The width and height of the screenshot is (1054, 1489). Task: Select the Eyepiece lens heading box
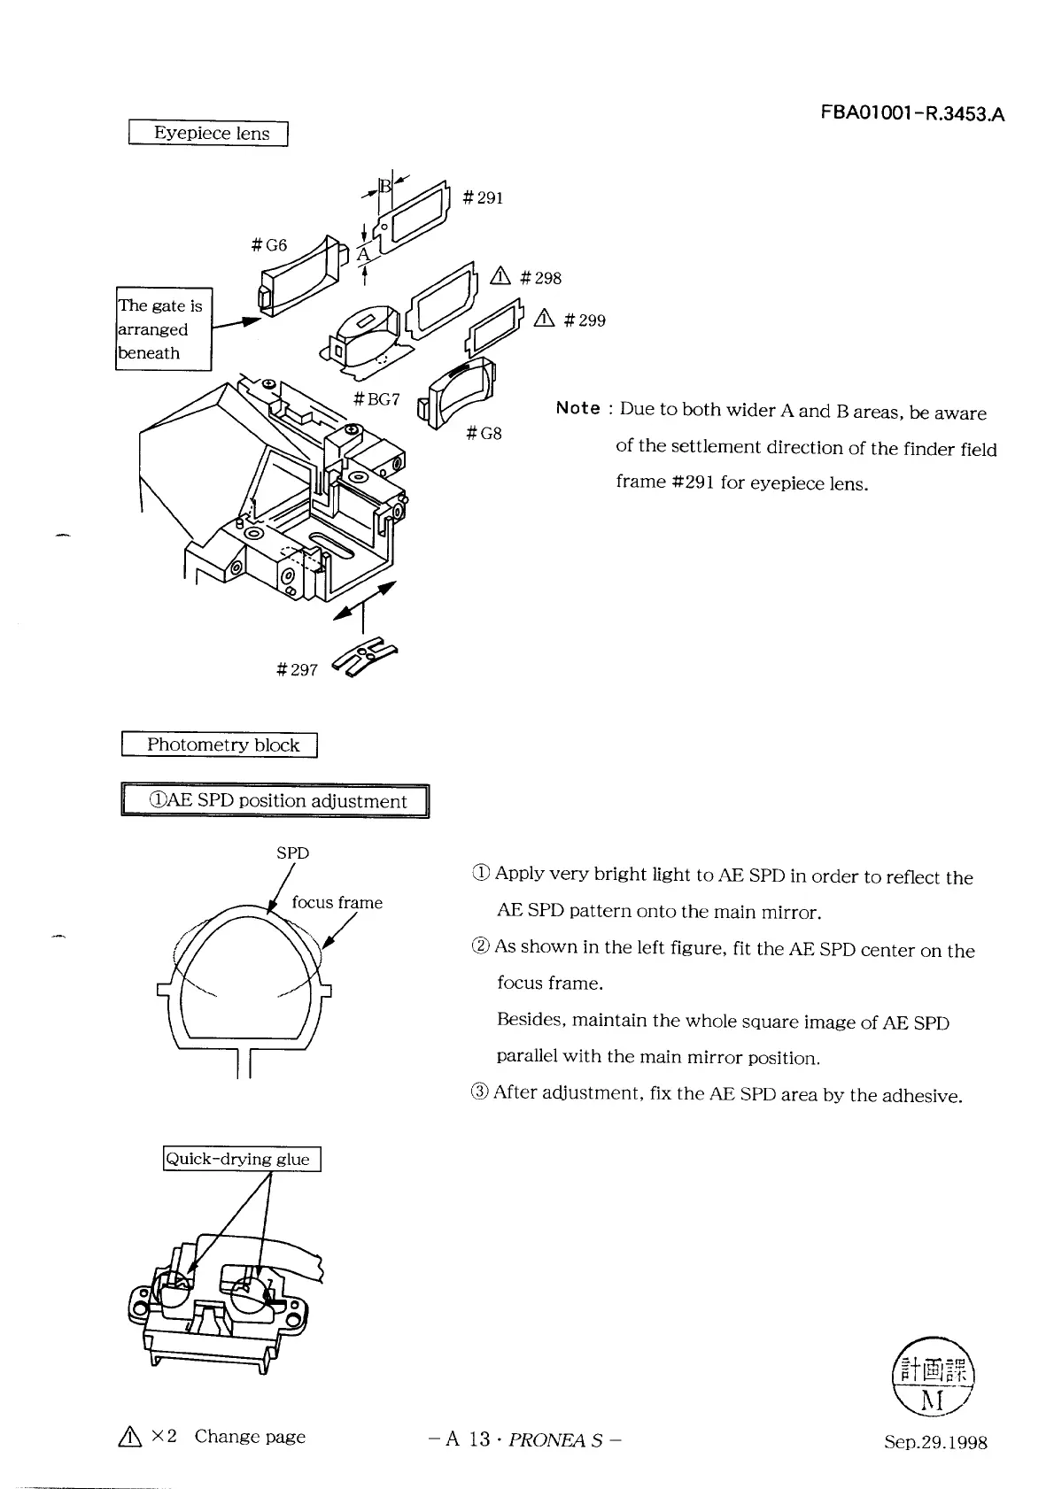click(209, 134)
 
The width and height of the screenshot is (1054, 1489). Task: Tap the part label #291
click(483, 198)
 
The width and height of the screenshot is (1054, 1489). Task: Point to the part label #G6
click(269, 245)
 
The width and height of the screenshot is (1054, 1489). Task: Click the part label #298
click(540, 278)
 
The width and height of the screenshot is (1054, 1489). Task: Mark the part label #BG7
click(376, 399)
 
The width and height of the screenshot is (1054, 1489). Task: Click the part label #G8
click(484, 433)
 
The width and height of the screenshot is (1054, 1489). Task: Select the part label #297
click(297, 669)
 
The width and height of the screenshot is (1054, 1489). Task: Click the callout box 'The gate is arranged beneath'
click(164, 329)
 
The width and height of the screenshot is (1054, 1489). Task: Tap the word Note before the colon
click(578, 408)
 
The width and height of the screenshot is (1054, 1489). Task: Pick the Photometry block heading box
click(220, 745)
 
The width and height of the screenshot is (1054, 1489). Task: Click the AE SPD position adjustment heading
click(275, 801)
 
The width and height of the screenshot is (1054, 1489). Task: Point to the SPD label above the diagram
click(292, 853)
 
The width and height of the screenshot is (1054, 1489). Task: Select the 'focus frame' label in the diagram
click(337, 903)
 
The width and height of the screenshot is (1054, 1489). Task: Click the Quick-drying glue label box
click(242, 1159)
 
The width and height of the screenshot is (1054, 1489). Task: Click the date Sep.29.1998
click(935, 1442)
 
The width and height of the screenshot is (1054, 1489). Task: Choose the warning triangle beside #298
click(500, 277)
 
